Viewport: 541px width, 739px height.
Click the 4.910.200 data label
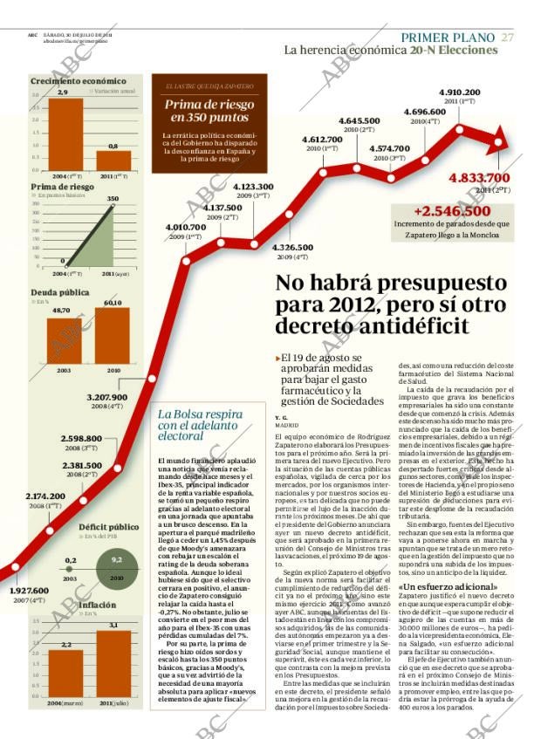(459, 92)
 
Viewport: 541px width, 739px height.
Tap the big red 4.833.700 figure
(479, 178)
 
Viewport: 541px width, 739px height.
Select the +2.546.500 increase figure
(452, 211)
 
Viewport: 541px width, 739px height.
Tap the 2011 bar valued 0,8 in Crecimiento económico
(113, 161)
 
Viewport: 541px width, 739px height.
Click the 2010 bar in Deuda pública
(113, 336)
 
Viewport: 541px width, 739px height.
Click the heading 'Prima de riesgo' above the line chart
(63, 187)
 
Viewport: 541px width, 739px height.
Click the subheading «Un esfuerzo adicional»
(448, 586)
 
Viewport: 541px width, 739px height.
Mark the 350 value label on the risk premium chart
(112, 199)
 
